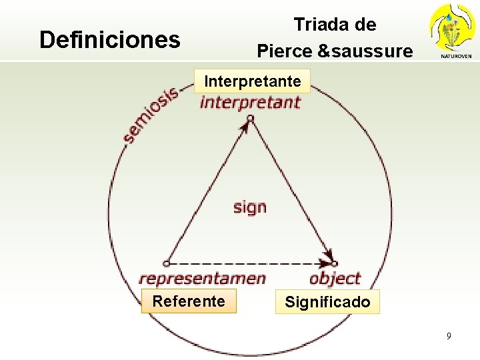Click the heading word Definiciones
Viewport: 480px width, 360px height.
110,40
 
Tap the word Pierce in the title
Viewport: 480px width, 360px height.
285,51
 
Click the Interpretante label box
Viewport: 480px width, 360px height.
253,81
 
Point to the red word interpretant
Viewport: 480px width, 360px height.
250,103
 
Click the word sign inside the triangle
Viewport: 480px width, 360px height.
250,207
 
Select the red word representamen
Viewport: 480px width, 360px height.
202,279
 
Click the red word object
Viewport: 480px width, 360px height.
335,279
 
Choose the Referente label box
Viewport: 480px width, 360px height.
189,301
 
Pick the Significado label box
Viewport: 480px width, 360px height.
327,302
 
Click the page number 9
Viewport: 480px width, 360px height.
449,336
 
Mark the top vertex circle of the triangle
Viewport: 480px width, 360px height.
250,119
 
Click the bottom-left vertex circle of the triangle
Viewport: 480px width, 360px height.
167,263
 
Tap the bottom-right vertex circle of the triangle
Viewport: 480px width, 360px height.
335,263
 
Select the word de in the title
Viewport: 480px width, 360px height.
366,25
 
